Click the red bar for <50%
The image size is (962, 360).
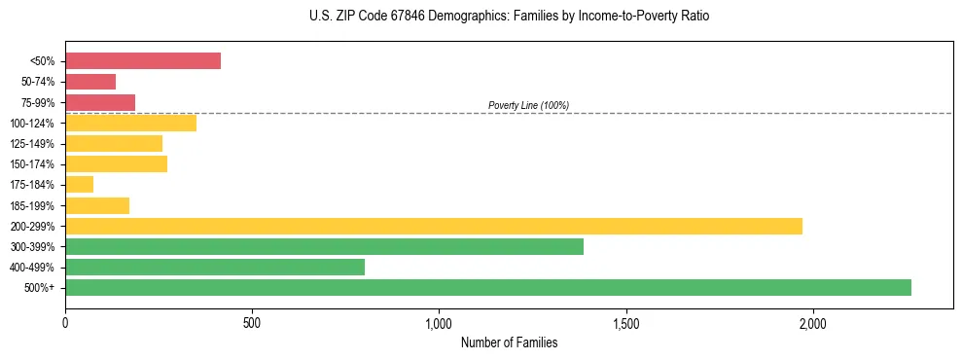click(143, 61)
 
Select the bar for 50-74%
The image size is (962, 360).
click(90, 82)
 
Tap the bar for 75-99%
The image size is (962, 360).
click(100, 102)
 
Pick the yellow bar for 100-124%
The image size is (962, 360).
click(130, 123)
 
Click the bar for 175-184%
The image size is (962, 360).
click(79, 185)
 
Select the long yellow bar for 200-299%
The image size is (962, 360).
click(434, 226)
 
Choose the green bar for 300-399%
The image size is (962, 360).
click(324, 246)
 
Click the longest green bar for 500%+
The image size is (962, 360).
click(488, 287)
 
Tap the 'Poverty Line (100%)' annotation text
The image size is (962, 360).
click(528, 105)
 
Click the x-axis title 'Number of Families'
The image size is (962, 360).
click(509, 342)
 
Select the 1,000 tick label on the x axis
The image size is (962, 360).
click(439, 323)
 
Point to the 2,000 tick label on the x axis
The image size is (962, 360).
click(813, 323)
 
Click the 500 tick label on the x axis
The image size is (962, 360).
click(252, 323)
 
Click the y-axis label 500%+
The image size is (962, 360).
click(40, 288)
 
